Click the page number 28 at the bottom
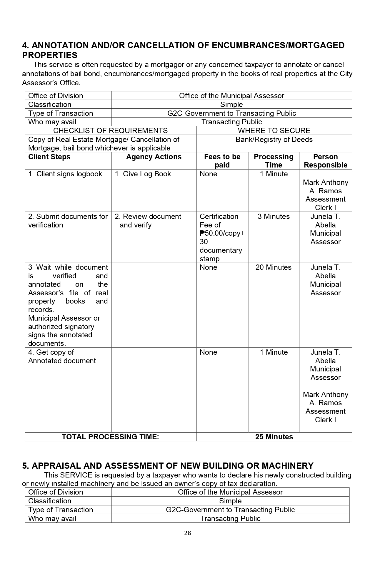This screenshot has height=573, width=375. tap(187, 533)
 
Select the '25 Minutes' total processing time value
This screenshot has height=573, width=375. tap(274, 437)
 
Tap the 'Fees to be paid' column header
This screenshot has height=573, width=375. tap(222, 161)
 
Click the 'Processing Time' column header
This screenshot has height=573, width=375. tap(274, 161)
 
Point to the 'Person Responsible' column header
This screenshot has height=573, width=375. tap(325, 161)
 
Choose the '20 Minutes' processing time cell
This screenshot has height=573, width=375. tap(274, 267)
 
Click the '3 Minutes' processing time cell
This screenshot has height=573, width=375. tap(274, 217)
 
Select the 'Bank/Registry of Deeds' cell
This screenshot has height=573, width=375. tap(274, 140)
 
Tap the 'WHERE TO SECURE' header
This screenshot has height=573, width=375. tap(274, 131)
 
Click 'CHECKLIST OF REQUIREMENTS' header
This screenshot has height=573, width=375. tap(110, 131)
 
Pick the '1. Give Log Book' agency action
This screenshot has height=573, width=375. tap(143, 174)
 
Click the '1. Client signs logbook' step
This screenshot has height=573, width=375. tap(65, 174)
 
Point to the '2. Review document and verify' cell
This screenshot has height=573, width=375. tap(148, 221)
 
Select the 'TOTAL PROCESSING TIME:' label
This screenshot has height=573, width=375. tap(110, 437)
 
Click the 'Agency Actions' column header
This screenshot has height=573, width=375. tap(154, 157)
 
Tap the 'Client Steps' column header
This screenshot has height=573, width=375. tap(49, 157)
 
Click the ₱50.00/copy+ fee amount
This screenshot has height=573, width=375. tap(222, 233)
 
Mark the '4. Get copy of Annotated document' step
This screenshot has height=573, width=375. tap(62, 356)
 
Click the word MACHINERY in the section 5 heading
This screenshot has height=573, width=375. tap(287, 466)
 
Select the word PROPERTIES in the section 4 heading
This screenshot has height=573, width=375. tap(50, 55)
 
